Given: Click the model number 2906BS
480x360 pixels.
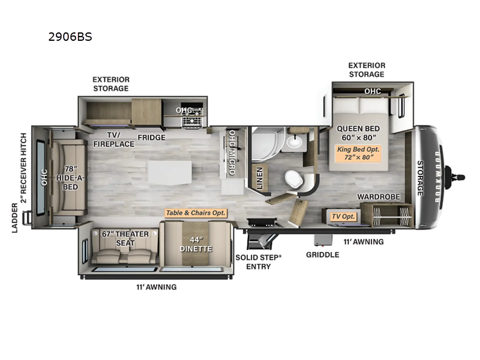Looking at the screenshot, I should tap(70, 37).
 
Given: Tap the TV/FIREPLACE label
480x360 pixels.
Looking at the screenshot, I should tap(107, 140).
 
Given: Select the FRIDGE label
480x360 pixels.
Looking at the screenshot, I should tap(151, 137).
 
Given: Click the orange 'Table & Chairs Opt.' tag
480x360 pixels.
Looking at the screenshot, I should tap(196, 213).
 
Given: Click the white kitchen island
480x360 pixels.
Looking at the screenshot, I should tap(169, 172).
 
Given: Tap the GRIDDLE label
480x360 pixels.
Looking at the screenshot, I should tap(322, 254).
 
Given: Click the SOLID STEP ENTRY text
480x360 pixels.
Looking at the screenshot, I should tap(259, 261).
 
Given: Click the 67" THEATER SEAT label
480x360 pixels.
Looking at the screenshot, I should tap(125, 238).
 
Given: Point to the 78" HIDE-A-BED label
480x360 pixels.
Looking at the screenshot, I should tap(69, 178).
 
